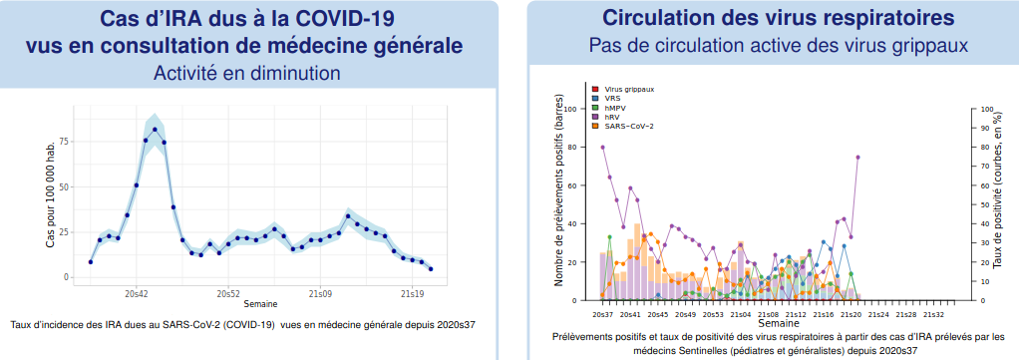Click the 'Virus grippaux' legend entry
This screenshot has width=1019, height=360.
click(x=623, y=89)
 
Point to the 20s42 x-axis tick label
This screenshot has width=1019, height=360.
click(x=137, y=294)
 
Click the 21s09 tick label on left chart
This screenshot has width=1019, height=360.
click(x=320, y=294)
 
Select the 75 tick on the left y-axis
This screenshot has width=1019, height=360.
click(x=64, y=141)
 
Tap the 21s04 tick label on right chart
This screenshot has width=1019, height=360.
click(x=741, y=314)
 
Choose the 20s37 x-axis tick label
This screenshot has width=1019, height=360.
click(x=602, y=314)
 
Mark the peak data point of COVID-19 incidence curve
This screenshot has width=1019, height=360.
click(x=155, y=130)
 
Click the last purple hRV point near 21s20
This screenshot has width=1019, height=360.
click(x=857, y=158)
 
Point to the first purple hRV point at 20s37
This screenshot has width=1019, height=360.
click(x=602, y=147)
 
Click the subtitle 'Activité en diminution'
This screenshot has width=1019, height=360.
click(x=247, y=73)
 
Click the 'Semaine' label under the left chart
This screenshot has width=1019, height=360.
click(x=260, y=304)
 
